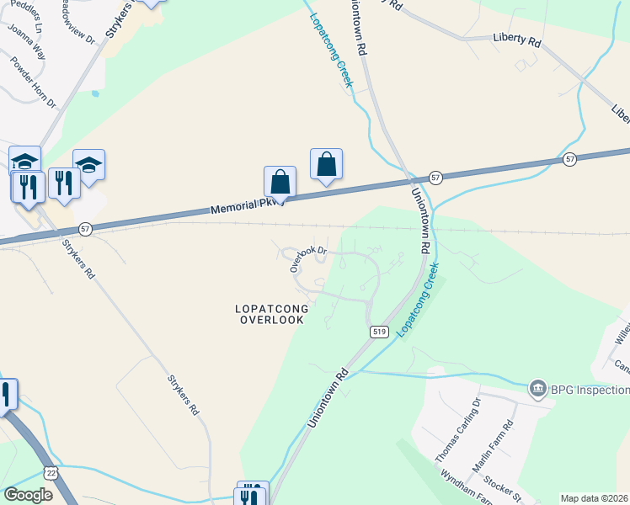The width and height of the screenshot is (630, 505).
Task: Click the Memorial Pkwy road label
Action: (x=243, y=205)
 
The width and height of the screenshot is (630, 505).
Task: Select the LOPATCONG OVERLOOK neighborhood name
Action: (x=272, y=314)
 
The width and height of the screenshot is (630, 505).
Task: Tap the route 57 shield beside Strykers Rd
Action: (x=85, y=228)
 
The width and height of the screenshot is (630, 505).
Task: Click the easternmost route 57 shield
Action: (x=570, y=159)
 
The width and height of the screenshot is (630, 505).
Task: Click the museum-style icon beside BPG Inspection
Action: (x=537, y=389)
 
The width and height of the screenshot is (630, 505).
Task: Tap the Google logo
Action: (x=28, y=495)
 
